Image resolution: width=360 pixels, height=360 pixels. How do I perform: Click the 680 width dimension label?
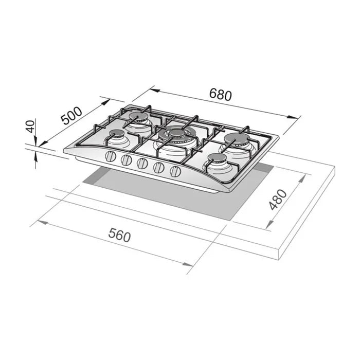221,94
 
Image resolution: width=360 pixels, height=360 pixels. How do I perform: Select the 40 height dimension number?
30,127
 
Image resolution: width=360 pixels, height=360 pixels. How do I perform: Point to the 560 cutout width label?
119,235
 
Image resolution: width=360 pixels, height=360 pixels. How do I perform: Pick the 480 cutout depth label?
278,200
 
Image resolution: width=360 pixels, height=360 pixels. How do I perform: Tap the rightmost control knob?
175,171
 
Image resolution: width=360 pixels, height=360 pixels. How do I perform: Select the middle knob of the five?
142,164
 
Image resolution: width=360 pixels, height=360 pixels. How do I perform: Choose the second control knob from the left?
127,160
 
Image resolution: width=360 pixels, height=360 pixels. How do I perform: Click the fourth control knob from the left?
159,168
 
